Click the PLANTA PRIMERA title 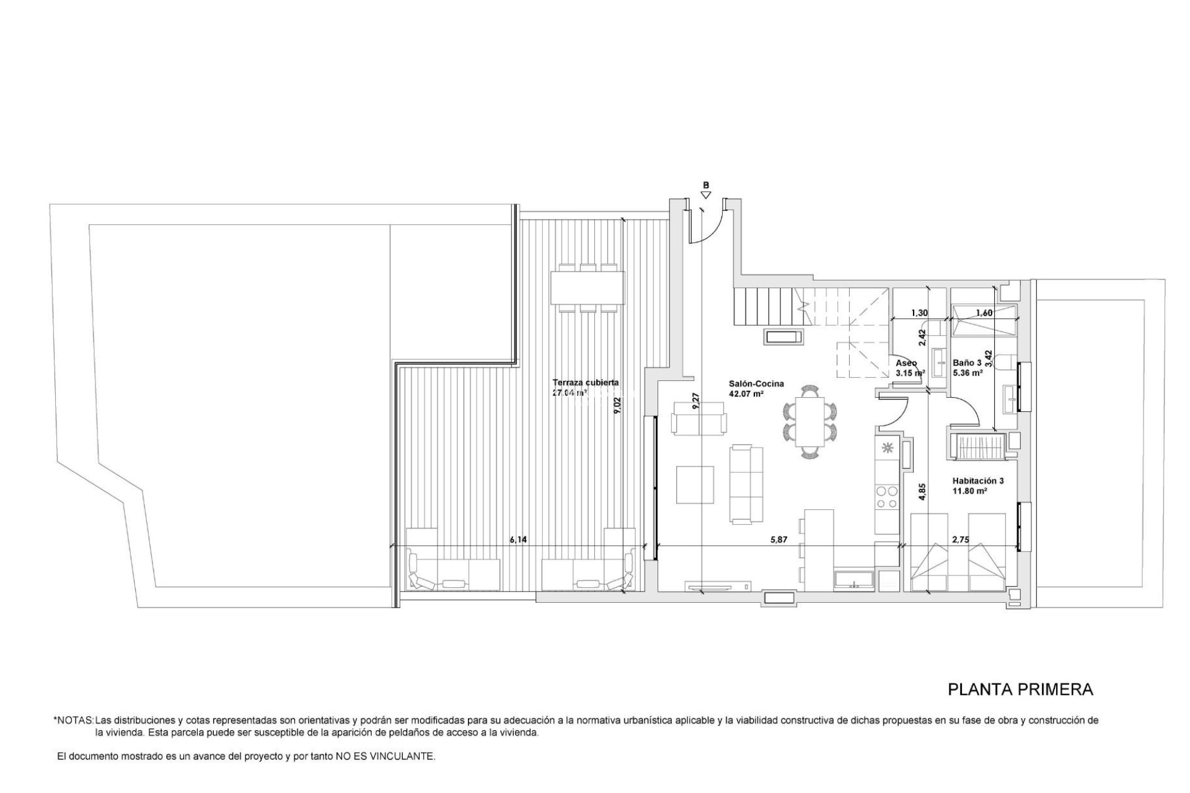tap(1020, 690)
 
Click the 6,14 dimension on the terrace tap(518, 540)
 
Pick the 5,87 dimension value tap(778, 540)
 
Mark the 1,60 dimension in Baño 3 tap(984, 313)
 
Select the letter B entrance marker tap(705, 185)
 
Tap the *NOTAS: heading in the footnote tap(73, 721)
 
